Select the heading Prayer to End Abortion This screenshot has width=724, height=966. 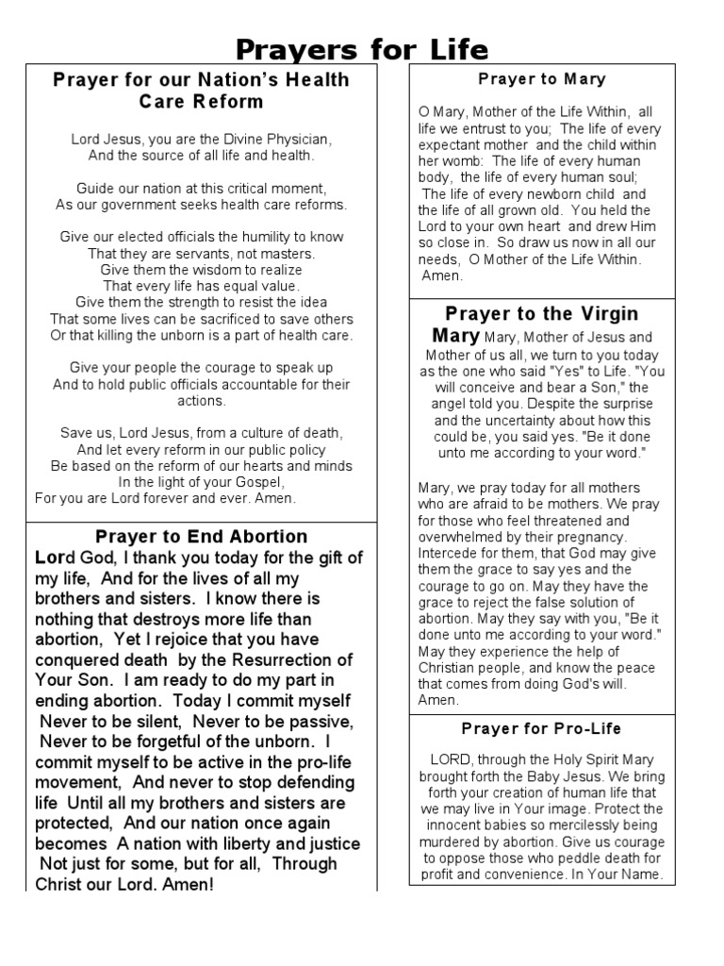[x=202, y=537]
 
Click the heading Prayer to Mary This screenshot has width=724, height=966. [x=541, y=79]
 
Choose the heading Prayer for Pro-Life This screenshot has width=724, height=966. [x=541, y=728]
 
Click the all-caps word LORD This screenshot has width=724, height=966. [x=449, y=759]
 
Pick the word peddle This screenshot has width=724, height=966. [x=573, y=858]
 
